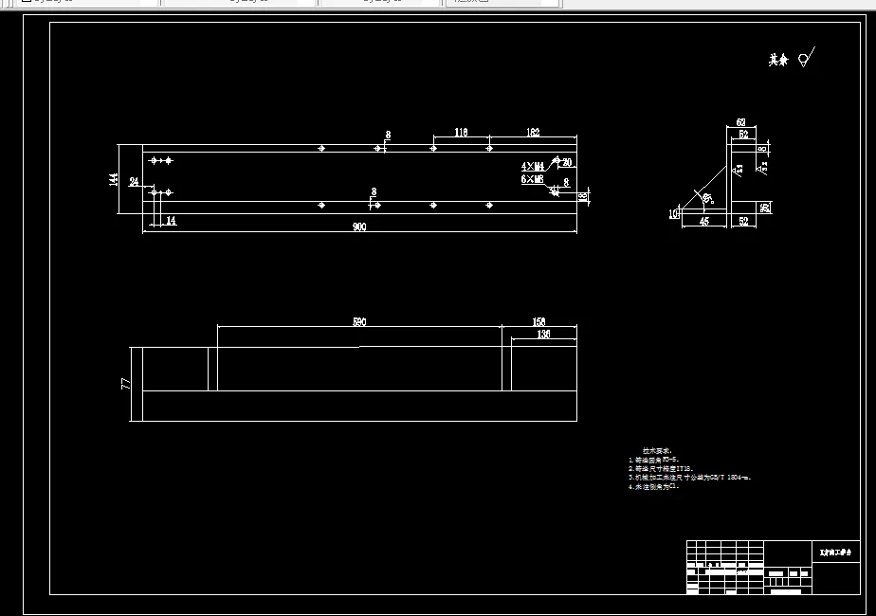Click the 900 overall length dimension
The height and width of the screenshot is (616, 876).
point(359,227)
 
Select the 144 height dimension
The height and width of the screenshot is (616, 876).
point(114,180)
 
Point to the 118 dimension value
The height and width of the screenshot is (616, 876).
point(461,133)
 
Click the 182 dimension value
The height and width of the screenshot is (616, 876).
point(532,133)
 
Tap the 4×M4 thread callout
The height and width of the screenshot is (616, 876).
point(533,167)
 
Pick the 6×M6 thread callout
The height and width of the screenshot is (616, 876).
point(533,178)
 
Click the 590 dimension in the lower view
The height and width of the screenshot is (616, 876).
point(359,322)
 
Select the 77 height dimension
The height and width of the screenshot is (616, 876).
point(124,384)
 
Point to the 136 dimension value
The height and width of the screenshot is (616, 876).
point(543,335)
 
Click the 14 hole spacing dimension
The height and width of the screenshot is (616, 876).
point(171,221)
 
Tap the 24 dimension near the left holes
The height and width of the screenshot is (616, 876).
point(134,181)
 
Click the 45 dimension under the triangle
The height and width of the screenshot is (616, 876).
point(704,222)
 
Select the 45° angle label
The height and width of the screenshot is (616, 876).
point(706,197)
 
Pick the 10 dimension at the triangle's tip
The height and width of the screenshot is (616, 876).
point(674,213)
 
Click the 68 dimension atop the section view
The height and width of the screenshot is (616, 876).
point(741,122)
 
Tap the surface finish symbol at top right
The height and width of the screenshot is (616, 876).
point(805,59)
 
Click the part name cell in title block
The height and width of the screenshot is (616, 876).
point(835,552)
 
